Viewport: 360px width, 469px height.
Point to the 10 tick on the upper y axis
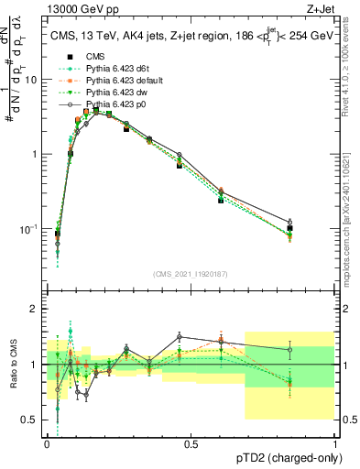pos(30,80)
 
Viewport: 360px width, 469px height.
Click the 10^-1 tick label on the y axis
pos(27,229)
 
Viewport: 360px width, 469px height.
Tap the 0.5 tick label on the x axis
pos(191,443)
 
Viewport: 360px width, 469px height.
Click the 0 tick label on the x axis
pos(47,443)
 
